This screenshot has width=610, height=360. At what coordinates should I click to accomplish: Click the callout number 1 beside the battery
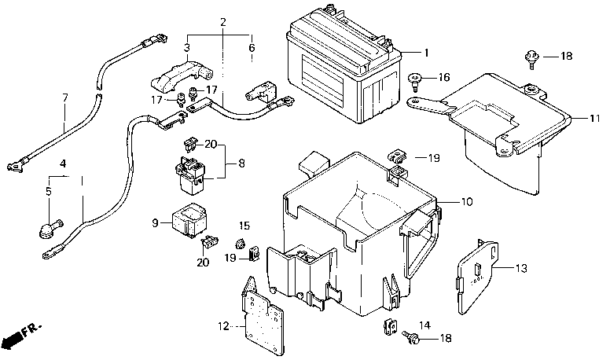pyautogui.click(x=426, y=53)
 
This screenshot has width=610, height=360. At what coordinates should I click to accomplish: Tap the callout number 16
pyautogui.click(x=443, y=77)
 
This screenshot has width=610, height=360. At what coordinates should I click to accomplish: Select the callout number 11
pyautogui.click(x=594, y=118)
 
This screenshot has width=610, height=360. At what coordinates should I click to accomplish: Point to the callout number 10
pyautogui.click(x=467, y=201)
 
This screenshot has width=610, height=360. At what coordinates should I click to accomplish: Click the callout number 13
pyautogui.click(x=521, y=268)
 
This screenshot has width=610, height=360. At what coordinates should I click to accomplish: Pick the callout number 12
pyautogui.click(x=223, y=326)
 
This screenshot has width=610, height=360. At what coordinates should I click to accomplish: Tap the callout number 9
pyautogui.click(x=155, y=223)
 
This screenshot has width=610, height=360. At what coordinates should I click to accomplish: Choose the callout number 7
pyautogui.click(x=65, y=97)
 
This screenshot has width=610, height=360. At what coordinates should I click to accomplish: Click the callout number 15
pyautogui.click(x=244, y=226)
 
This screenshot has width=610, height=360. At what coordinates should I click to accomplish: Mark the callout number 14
pyautogui.click(x=425, y=325)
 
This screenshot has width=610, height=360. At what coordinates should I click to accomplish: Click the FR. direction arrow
pyautogui.click(x=21, y=336)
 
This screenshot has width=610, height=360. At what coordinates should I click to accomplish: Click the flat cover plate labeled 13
pyautogui.click(x=476, y=277)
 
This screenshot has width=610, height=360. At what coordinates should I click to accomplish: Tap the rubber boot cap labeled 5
pyautogui.click(x=50, y=228)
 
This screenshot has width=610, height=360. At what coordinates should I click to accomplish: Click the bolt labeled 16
pyautogui.click(x=416, y=81)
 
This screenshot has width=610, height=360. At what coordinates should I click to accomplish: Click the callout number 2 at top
pyautogui.click(x=223, y=22)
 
